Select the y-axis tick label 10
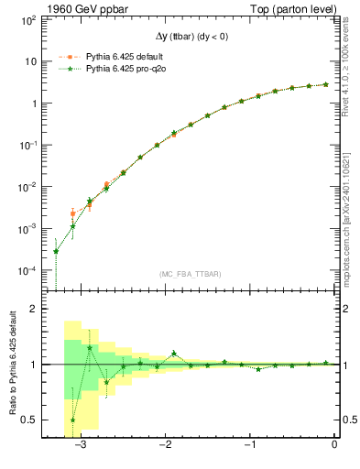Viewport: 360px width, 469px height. pyautogui.click(x=30, y=61)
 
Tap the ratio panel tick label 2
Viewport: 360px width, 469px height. pyautogui.click(x=33, y=310)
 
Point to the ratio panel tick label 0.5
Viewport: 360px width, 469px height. pyautogui.click(x=28, y=420)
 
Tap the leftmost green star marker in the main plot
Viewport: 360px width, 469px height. pyautogui.click(x=56, y=251)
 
